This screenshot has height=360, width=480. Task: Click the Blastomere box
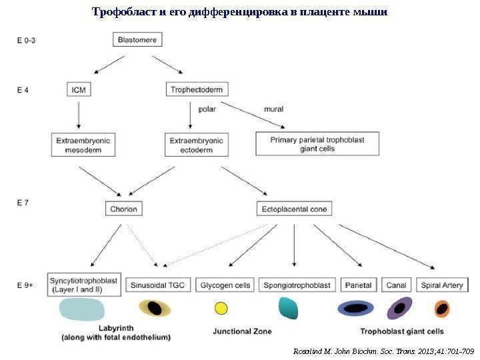tap(137, 40)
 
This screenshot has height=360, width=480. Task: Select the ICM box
tap(79, 89)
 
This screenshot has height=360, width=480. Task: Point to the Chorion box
tap(123, 209)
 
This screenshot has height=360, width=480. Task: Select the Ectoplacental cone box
tap(294, 209)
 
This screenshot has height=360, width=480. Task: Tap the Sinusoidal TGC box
tap(158, 285)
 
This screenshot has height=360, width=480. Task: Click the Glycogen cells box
tap(225, 285)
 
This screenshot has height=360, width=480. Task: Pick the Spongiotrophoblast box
tap(297, 285)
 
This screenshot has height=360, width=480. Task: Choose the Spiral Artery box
tap(442, 285)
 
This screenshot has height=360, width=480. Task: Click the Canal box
tap(397, 285)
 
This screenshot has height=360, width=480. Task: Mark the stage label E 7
tap(23, 204)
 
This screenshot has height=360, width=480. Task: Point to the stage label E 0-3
tap(26, 40)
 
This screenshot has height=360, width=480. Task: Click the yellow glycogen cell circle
tap(221, 309)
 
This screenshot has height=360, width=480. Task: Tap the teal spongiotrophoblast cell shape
tap(288, 308)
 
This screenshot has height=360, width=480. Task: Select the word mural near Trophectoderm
tap(273, 107)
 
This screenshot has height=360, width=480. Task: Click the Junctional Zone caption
tap(241, 331)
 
